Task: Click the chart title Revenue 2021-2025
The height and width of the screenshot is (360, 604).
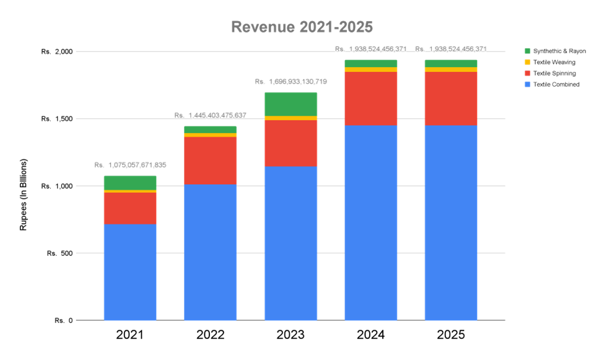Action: click(302, 27)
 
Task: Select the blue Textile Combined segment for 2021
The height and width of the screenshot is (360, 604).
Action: click(130, 272)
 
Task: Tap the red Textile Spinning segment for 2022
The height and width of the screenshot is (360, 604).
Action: click(210, 160)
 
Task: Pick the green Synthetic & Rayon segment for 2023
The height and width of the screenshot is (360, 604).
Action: click(291, 103)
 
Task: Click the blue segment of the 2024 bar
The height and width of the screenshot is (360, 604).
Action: click(370, 222)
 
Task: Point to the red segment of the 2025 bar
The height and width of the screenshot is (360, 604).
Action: click(450, 99)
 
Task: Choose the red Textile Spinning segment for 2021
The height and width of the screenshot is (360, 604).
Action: click(130, 208)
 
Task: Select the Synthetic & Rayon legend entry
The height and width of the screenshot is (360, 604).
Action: click(555, 51)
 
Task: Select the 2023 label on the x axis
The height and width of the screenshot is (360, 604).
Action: click(291, 336)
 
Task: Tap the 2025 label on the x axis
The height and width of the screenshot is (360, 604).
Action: click(450, 336)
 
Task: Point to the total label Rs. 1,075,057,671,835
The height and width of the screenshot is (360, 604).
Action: click(130, 165)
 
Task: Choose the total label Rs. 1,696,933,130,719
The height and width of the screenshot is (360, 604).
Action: click(291, 82)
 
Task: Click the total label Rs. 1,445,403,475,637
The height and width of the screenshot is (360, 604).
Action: click(210, 116)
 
